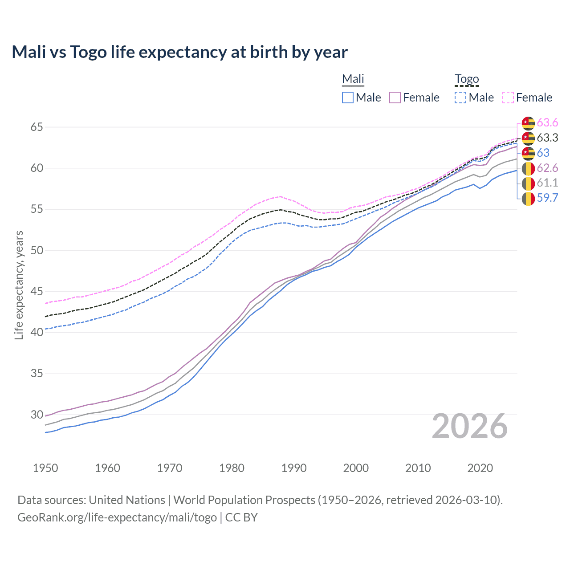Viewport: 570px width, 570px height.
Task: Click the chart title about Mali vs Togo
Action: (179, 52)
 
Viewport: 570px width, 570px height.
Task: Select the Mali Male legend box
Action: (348, 98)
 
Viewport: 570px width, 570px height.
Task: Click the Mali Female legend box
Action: (395, 98)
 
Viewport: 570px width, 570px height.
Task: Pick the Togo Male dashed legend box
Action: (460, 98)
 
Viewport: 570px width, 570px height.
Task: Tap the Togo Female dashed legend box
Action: (508, 98)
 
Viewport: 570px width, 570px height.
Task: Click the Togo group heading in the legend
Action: (467, 79)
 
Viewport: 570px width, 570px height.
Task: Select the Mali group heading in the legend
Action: (353, 79)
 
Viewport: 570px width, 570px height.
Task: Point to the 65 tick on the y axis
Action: (37, 127)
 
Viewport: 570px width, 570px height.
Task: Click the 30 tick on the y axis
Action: (37, 415)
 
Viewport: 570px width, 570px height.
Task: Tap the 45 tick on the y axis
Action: (37, 292)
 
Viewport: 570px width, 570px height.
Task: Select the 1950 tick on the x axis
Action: (45, 468)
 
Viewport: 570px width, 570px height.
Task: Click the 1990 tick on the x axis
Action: (294, 468)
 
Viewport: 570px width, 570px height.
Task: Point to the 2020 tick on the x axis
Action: (480, 468)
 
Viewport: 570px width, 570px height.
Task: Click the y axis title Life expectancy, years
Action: (19, 285)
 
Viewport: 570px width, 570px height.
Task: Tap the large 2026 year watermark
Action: (470, 426)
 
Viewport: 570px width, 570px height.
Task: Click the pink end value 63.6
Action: (547, 123)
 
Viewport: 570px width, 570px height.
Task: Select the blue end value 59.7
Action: (547, 198)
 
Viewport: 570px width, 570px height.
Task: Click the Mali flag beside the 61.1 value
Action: (528, 183)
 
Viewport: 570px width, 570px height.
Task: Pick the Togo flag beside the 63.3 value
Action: (528, 138)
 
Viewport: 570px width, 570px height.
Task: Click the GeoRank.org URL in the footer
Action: (117, 517)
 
